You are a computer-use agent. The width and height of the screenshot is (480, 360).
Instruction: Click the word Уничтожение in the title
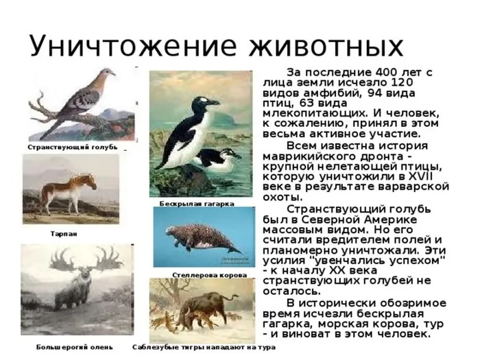pyautogui.click(x=133, y=47)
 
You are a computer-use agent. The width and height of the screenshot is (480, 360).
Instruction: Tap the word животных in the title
pyautogui.click(x=326, y=47)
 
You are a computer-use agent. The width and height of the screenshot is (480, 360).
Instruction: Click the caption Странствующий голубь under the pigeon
pyautogui.click(x=73, y=147)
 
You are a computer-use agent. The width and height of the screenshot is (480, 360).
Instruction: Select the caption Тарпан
pyautogui.click(x=64, y=234)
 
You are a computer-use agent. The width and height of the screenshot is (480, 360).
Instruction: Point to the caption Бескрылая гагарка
pyautogui.click(x=197, y=204)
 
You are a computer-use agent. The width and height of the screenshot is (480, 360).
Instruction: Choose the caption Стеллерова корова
pyautogui.click(x=210, y=275)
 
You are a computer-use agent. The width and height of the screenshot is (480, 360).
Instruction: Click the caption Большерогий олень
pyautogui.click(x=74, y=347)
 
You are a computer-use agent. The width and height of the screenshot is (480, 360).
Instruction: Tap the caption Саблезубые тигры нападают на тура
pyautogui.click(x=204, y=347)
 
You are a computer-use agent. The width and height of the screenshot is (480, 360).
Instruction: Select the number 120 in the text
pyautogui.click(x=401, y=83)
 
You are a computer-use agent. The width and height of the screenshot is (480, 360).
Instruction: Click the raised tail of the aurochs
pyautogui.click(x=232, y=298)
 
